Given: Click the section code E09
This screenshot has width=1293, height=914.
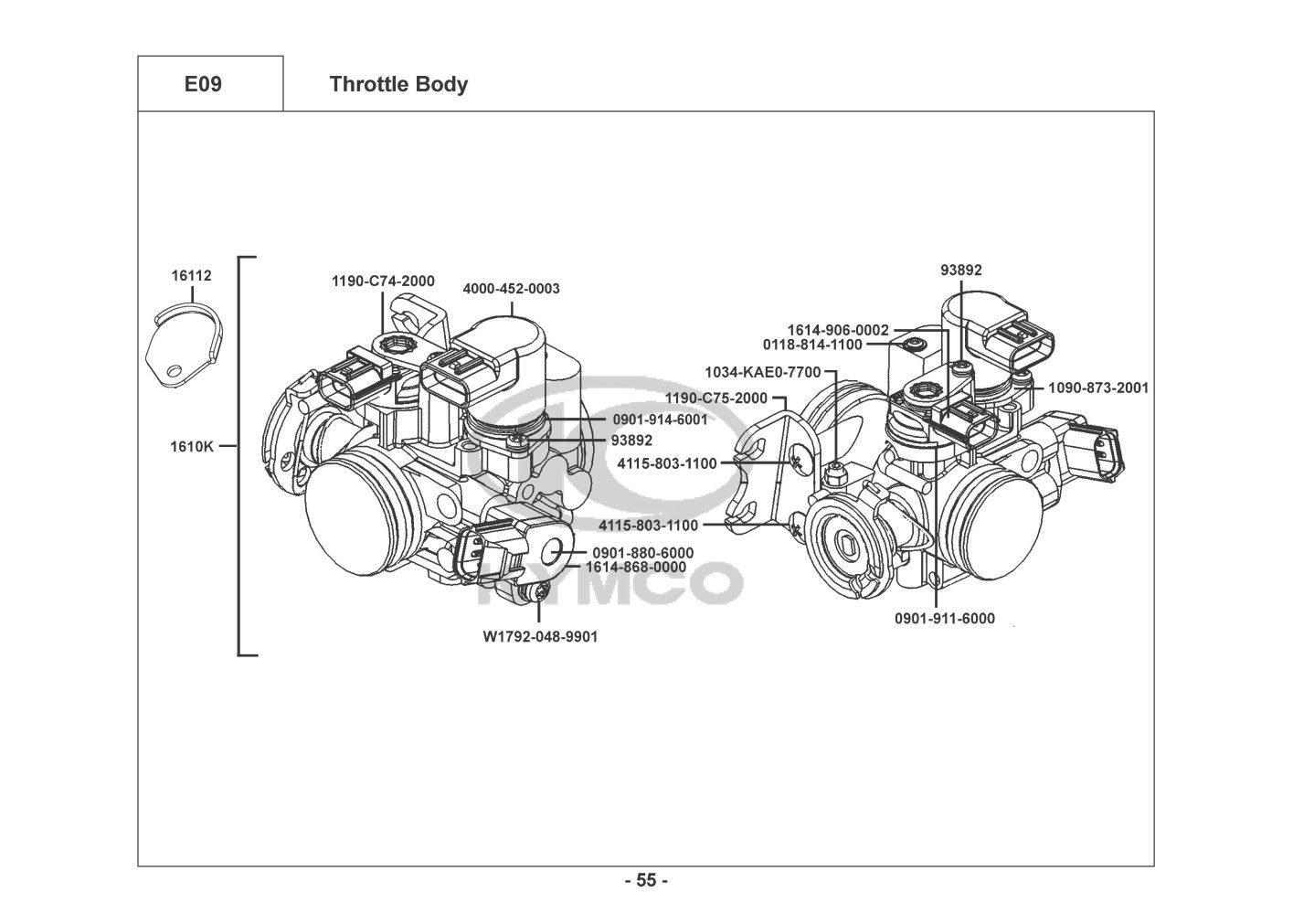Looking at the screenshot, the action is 203,84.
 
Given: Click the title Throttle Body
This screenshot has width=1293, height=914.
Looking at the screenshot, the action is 398,84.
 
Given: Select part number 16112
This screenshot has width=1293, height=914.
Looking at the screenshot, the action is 191,276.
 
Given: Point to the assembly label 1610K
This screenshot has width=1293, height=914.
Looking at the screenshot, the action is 192,446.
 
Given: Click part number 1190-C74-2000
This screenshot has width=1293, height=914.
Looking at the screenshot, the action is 383,282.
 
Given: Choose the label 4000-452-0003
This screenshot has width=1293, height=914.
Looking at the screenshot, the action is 512,289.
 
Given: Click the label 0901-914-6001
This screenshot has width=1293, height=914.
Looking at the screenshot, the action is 661,420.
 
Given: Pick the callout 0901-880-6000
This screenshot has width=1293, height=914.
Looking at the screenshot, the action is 643,553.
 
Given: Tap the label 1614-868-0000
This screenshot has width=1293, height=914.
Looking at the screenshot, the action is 636,568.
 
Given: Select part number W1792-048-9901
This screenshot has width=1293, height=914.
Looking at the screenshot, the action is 540,637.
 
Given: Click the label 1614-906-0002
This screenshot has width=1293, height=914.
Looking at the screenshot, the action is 838,330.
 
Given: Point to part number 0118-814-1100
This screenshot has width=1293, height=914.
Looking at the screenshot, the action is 812,345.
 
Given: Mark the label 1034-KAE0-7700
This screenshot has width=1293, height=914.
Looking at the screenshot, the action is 762,372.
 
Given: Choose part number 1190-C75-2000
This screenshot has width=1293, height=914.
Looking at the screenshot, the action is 716,399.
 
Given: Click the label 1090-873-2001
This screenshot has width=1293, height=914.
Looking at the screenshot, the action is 1098,388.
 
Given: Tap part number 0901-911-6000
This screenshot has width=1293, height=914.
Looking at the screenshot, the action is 945,619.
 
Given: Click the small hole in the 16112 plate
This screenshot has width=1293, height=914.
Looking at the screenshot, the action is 174,370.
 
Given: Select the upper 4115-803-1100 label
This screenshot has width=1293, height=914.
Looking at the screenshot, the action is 667,463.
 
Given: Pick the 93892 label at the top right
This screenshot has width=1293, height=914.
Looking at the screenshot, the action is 961,271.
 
